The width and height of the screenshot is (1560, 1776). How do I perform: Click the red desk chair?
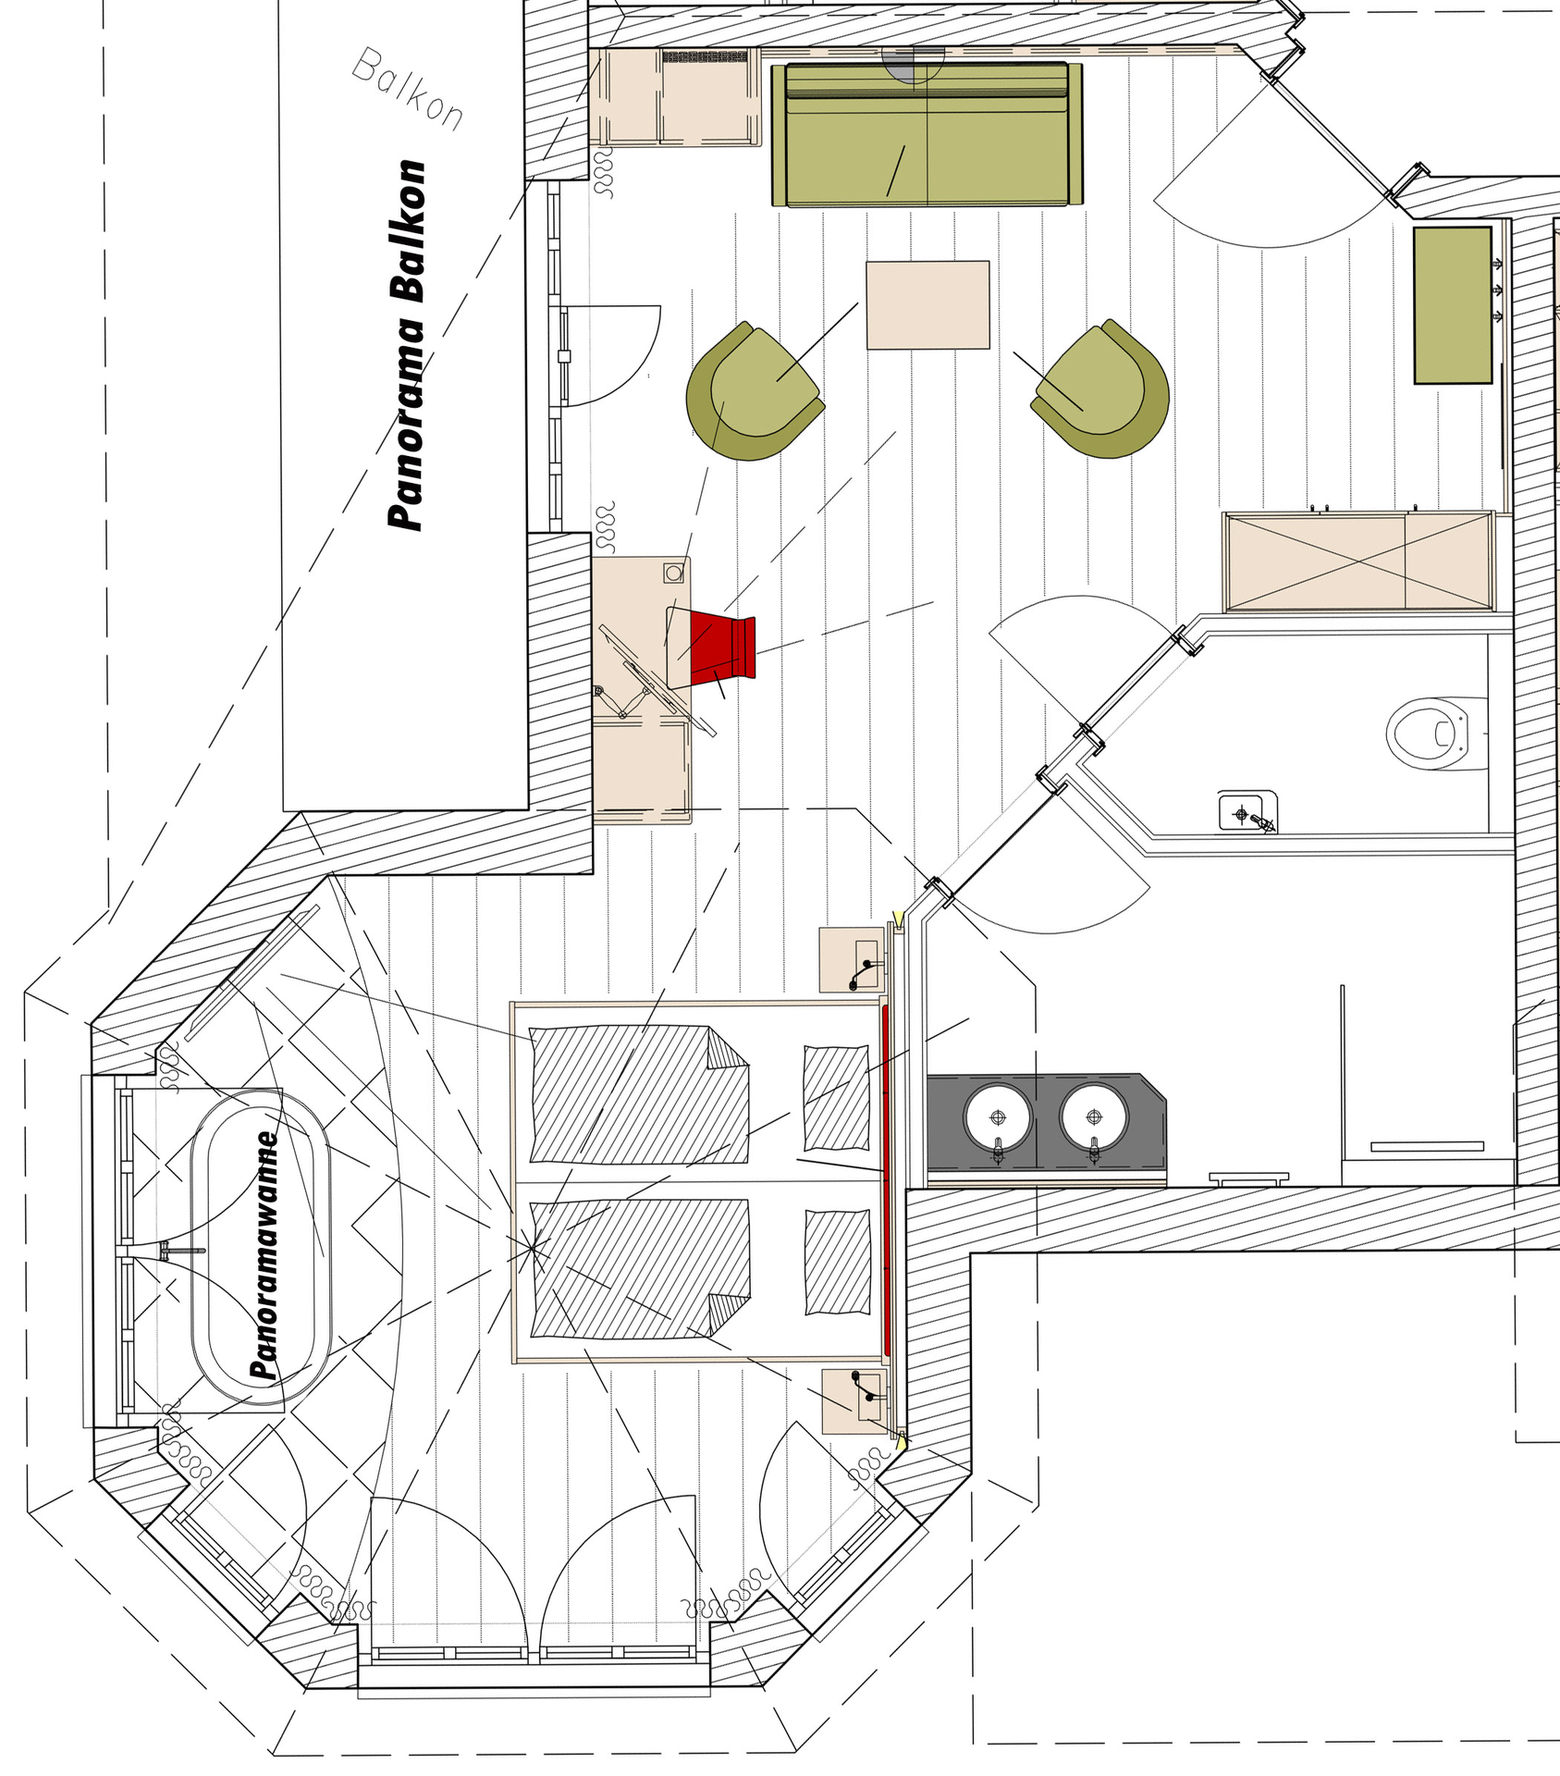click(723, 646)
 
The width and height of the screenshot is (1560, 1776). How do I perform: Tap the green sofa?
click(927, 134)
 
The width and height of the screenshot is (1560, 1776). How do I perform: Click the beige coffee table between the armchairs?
click(927, 305)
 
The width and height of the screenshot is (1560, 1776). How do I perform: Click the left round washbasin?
click(998, 1117)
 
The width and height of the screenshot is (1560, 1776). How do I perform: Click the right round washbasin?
click(1095, 1117)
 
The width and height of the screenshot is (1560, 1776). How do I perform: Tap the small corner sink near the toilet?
click(1247, 812)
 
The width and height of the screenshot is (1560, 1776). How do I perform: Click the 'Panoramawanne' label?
click(265, 1255)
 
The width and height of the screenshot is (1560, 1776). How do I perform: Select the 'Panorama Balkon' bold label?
click(407, 345)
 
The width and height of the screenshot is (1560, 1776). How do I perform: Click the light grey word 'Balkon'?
click(408, 89)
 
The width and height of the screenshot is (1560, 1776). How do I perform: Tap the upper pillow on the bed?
click(836, 1097)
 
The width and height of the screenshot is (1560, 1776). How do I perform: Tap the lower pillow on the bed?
click(837, 1262)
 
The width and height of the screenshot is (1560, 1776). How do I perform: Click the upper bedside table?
click(852, 960)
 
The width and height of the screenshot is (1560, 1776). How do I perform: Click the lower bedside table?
click(854, 1401)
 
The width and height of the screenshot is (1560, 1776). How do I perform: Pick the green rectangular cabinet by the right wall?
click(1453, 305)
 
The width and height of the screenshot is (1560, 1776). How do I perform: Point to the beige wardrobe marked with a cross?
click(1358, 561)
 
